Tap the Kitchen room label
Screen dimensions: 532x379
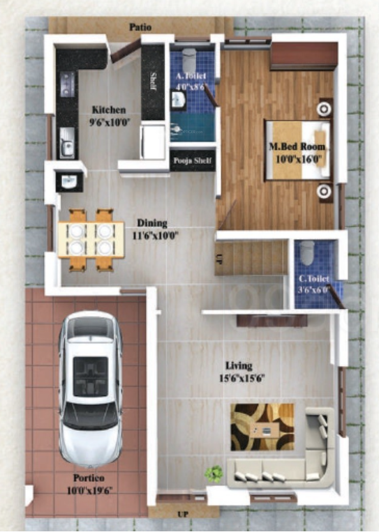click(x=109, y=109)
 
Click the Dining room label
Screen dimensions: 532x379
click(x=151, y=223)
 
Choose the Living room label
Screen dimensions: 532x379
click(x=239, y=365)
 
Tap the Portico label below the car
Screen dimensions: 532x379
click(x=89, y=478)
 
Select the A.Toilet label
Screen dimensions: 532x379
click(x=191, y=77)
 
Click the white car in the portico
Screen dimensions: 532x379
click(x=90, y=390)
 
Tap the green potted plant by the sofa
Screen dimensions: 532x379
click(x=214, y=473)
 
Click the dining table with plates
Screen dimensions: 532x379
click(x=91, y=238)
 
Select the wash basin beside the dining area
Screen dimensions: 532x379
click(x=70, y=181)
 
